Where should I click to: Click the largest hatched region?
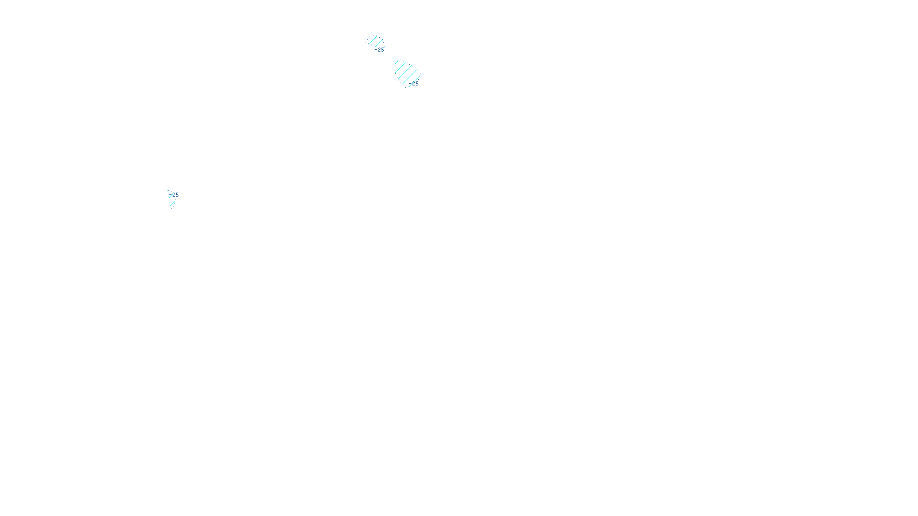click(406, 73)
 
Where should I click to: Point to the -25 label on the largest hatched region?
click(415, 83)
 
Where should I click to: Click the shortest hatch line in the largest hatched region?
click(396, 62)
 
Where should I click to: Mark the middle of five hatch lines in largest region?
click(406, 73)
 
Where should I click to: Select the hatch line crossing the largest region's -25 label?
click(413, 81)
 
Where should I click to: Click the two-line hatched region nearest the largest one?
click(375, 41)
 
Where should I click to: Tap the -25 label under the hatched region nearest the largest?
click(380, 50)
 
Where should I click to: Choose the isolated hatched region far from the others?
click(172, 198)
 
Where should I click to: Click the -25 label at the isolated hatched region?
click(175, 195)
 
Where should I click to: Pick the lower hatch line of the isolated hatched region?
click(173, 202)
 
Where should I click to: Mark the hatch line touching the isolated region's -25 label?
click(170, 196)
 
